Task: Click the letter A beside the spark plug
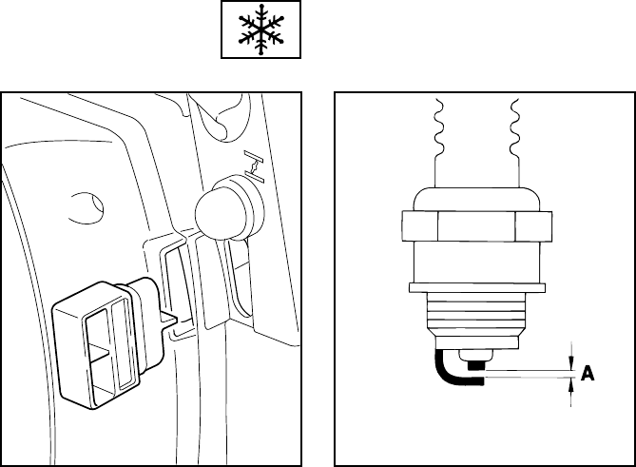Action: (588, 375)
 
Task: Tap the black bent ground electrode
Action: (446, 370)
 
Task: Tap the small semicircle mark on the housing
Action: (87, 204)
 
